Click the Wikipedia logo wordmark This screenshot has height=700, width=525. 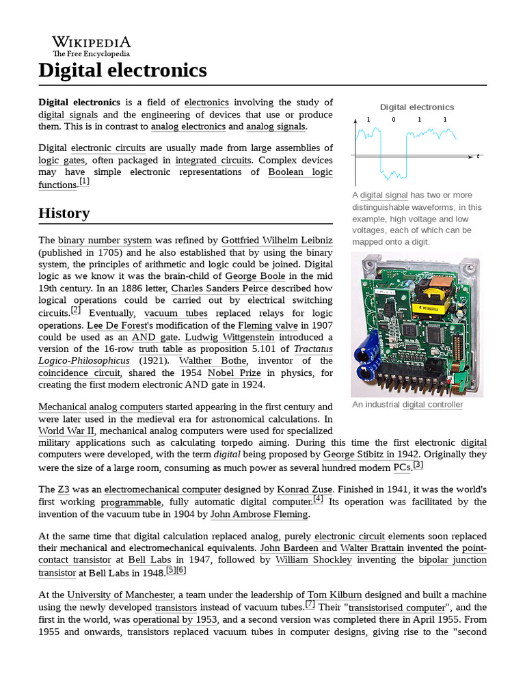pos(92,42)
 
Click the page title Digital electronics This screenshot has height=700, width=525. pos(122,70)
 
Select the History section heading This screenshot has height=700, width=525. pos(64,213)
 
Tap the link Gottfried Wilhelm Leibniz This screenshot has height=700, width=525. pos(277,241)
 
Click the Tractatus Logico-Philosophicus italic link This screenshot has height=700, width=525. pos(84,361)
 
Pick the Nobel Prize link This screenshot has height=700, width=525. pos(234,373)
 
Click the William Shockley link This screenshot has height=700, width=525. pos(314,560)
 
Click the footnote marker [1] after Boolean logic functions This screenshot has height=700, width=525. pos(84,182)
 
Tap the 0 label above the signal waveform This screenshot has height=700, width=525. pos(393,120)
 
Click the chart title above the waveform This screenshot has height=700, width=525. pos(417,107)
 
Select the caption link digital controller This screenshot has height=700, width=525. pos(432,405)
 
